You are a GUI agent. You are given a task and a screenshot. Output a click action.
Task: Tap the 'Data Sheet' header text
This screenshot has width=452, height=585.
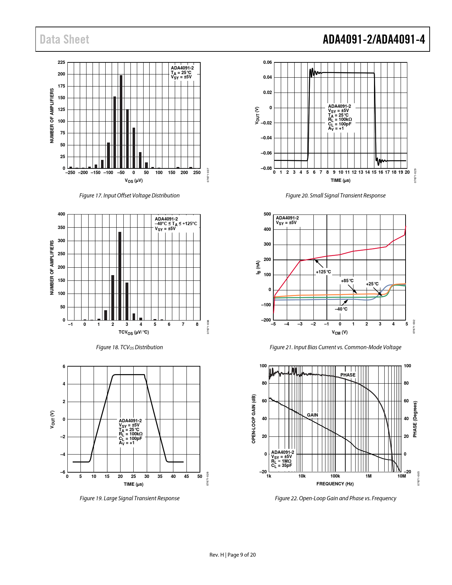(65, 39)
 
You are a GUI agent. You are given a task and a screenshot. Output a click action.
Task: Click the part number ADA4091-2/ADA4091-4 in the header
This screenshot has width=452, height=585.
(374, 39)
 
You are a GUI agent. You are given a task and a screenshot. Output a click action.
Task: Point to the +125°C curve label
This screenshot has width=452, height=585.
(323, 272)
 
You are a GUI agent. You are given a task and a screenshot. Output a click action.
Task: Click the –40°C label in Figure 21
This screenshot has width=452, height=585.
(341, 309)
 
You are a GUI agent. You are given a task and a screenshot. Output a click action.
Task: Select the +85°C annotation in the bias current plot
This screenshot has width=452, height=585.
(347, 281)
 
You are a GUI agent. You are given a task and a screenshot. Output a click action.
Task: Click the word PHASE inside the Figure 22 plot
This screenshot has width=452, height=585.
(348, 375)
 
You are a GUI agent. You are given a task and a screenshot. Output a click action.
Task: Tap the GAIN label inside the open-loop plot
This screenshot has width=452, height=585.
(312, 415)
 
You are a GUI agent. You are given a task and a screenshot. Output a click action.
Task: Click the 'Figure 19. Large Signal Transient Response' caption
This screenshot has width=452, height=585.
(129, 498)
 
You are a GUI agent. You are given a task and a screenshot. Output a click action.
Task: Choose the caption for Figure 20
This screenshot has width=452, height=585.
(335, 195)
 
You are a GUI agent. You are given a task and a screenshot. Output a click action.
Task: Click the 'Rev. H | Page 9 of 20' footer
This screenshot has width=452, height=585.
(233, 555)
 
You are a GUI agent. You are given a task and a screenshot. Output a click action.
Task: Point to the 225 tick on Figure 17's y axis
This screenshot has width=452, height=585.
(61, 62)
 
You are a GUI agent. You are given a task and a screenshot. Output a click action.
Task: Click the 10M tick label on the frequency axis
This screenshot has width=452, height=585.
(401, 476)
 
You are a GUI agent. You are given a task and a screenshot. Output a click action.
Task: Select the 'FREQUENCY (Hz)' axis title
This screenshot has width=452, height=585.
(335, 484)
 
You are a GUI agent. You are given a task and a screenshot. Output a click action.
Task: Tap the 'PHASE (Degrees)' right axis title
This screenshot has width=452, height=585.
(415, 419)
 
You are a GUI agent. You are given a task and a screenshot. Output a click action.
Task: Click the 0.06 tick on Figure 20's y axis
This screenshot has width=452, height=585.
(267, 62)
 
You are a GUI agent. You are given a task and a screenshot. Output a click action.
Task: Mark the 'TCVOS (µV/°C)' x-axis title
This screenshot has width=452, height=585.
(134, 333)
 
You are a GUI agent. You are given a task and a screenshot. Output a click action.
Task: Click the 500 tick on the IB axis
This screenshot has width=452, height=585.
(267, 214)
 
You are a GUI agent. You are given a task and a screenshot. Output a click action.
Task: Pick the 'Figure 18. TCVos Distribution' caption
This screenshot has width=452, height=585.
(129, 347)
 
